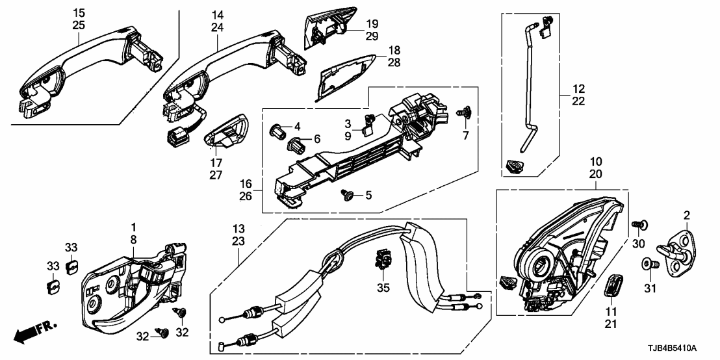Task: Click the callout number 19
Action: [371, 24]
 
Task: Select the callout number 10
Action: [596, 161]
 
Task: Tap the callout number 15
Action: [79, 12]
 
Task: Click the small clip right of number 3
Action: [370, 122]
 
